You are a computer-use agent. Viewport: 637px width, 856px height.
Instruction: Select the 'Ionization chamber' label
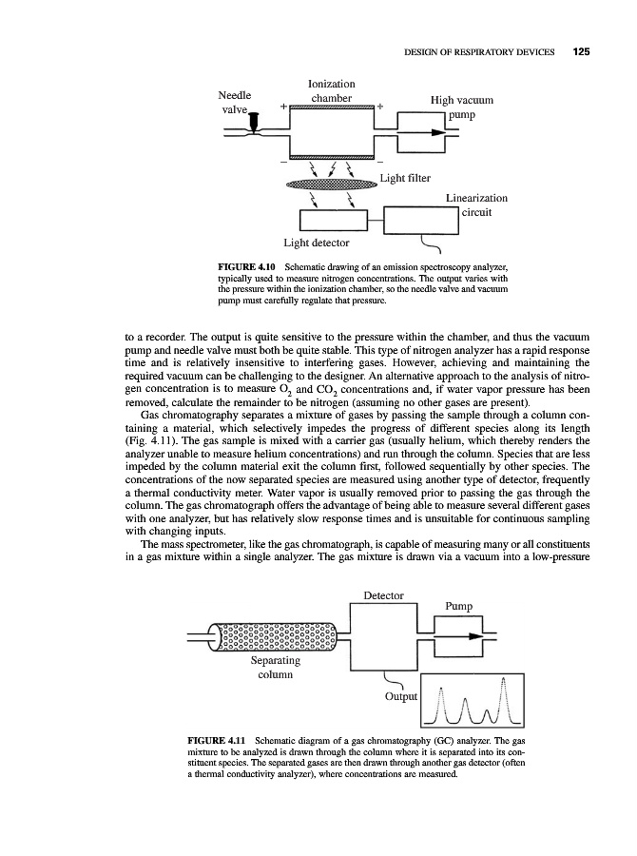[332, 91]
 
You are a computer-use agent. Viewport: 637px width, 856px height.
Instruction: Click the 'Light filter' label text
[408, 177]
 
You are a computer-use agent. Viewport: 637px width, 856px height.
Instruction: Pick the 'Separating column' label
[274, 668]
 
